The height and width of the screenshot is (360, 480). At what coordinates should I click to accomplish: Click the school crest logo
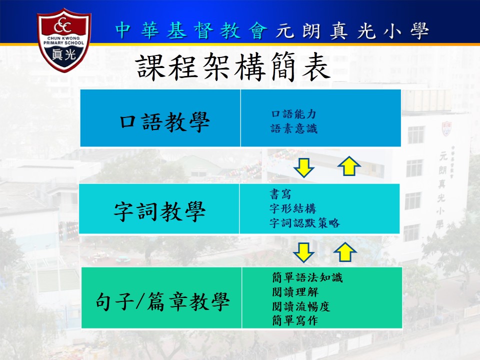[64, 40]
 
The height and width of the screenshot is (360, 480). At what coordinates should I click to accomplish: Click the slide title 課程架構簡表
[232, 66]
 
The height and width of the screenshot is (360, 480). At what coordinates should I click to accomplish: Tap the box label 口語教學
[164, 122]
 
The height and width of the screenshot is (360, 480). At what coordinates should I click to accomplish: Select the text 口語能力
[293, 114]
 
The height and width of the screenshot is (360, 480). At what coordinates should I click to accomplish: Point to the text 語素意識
[294, 128]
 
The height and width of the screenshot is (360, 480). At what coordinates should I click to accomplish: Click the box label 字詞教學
[160, 211]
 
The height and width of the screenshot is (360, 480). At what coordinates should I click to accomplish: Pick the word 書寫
[280, 194]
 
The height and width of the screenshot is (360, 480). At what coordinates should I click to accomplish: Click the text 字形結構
[292, 208]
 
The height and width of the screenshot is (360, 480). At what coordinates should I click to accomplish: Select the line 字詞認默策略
[304, 223]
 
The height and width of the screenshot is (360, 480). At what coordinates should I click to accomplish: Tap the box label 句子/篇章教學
[162, 301]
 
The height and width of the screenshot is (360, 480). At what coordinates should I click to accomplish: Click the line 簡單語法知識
[307, 277]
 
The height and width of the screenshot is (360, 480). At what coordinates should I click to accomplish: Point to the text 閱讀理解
[295, 292]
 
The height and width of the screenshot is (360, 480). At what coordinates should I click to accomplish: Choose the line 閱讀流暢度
[301, 306]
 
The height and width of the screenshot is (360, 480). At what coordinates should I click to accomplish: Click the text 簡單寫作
[295, 320]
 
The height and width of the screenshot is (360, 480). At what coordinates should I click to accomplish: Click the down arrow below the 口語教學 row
[303, 167]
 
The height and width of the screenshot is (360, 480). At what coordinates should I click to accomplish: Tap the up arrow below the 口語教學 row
[349, 165]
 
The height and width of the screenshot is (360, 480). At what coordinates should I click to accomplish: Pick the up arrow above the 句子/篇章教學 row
[345, 251]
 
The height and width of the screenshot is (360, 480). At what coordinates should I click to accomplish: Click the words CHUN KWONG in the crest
[63, 38]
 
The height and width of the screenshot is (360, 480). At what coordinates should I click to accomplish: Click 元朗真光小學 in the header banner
[352, 30]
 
